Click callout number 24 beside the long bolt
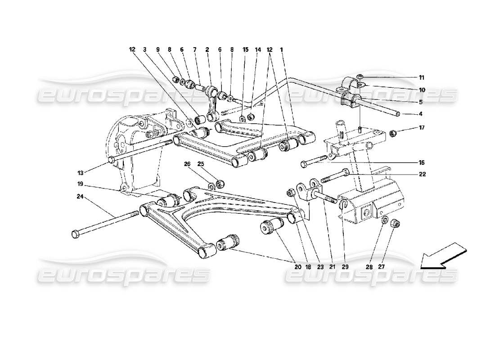[x=80, y=196]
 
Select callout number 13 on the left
[x=80, y=172]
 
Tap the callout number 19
[x=80, y=184]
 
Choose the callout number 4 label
[x=421, y=114]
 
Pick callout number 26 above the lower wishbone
[x=187, y=164]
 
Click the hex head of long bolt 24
[x=76, y=234]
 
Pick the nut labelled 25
[x=220, y=184]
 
